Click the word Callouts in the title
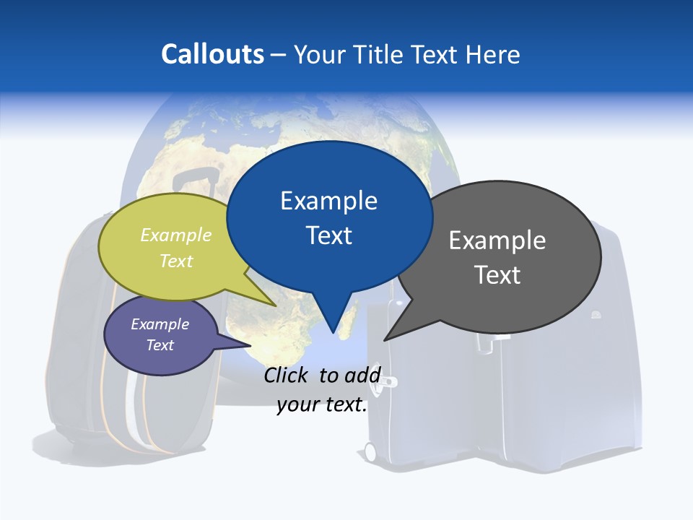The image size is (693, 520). click(212, 54)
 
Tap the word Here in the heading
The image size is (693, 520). click(493, 54)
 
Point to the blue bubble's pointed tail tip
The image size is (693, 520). click(334, 333)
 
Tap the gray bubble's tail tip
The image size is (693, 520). click(385, 339)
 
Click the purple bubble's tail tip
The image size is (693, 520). click(250, 345)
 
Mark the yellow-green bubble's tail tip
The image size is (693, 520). click(275, 305)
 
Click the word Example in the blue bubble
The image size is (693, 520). click(328, 201)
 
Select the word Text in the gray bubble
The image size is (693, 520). click(497, 275)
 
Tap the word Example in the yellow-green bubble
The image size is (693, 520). click(176, 235)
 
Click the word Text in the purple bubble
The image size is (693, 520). click(160, 345)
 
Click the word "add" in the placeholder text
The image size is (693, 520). click(362, 375)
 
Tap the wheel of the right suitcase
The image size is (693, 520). click(370, 452)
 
